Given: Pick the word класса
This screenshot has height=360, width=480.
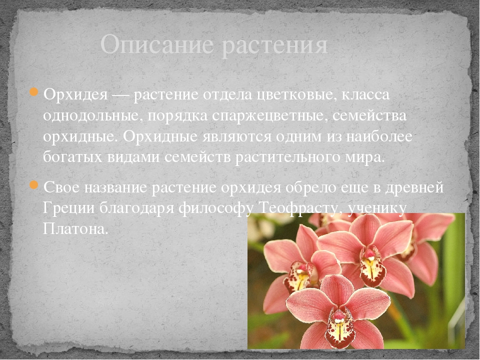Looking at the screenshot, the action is [365, 95].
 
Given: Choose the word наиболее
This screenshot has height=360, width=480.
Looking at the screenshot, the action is [379, 136].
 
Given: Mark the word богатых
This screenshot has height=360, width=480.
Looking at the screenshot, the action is [73, 157].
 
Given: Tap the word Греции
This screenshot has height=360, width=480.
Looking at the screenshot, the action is [68, 208].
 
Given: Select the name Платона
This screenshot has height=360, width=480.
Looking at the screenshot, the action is [75, 228].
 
